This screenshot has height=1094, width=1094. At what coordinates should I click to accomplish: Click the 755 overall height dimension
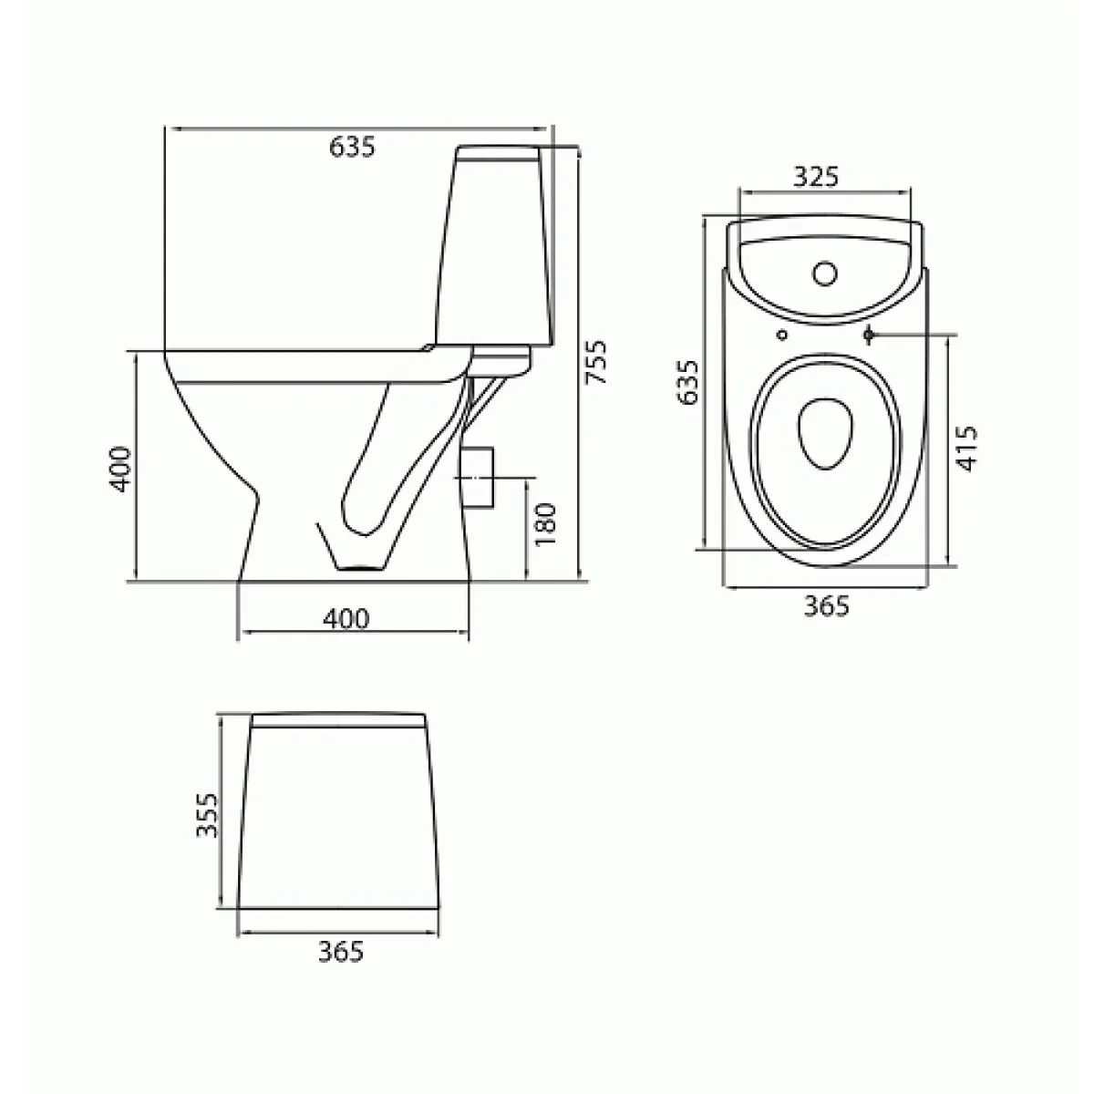[595, 362]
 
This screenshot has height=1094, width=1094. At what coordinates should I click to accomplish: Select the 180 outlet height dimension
[545, 524]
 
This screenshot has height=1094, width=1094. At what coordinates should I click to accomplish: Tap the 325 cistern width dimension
[815, 177]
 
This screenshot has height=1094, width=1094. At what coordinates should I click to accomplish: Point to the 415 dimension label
[966, 448]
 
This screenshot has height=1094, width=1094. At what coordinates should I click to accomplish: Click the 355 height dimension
[207, 815]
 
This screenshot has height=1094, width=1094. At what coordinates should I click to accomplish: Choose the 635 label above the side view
[352, 147]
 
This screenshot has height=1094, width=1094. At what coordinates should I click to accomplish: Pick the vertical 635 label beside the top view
[687, 381]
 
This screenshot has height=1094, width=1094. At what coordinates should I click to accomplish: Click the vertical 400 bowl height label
[120, 469]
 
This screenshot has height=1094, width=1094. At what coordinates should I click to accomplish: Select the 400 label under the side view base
[346, 618]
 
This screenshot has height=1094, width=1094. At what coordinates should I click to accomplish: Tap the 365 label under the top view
[827, 605]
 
